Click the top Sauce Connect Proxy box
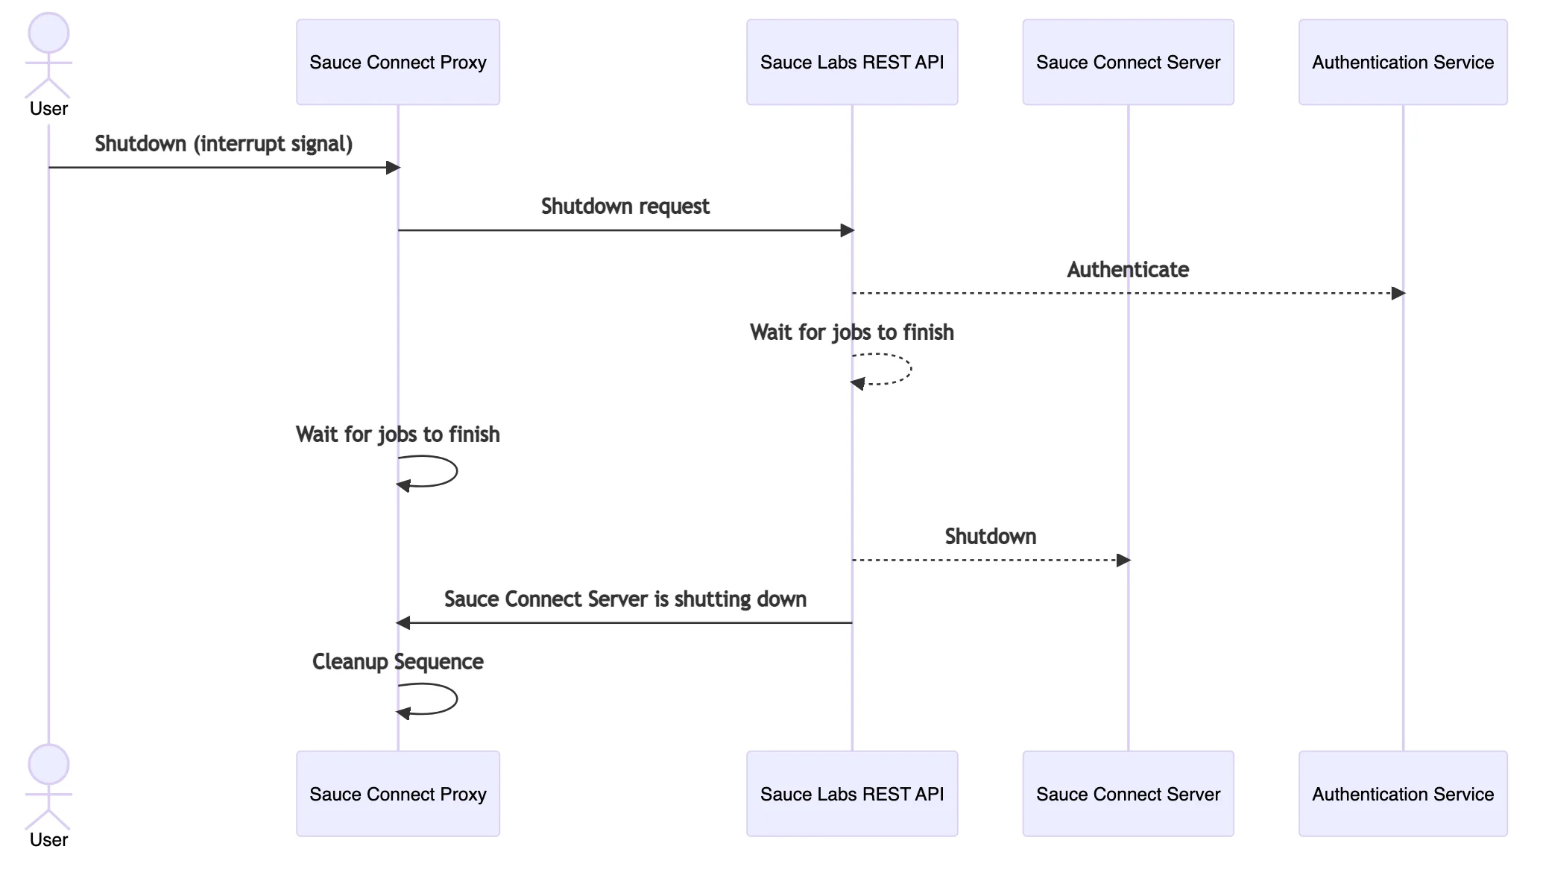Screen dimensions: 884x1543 [397, 63]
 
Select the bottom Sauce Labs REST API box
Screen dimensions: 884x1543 [851, 794]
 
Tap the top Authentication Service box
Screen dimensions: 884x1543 [1402, 63]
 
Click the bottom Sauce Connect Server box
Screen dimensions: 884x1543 [1127, 794]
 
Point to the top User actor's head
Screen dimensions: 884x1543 [48, 34]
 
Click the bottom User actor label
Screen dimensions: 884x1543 [48, 840]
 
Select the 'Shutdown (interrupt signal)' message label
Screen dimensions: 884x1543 [224, 144]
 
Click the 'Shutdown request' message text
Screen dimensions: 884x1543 [625, 206]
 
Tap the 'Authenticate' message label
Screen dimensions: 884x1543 [1127, 270]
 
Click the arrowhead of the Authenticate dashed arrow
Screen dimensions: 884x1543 [1398, 293]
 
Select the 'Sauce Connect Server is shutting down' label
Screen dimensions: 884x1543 [625, 599]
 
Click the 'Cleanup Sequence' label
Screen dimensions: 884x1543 [397, 662]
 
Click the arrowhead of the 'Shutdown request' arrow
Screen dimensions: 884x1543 [847, 230]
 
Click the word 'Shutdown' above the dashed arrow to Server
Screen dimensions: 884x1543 [990, 537]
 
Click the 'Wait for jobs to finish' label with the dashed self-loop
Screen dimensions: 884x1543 [851, 332]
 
